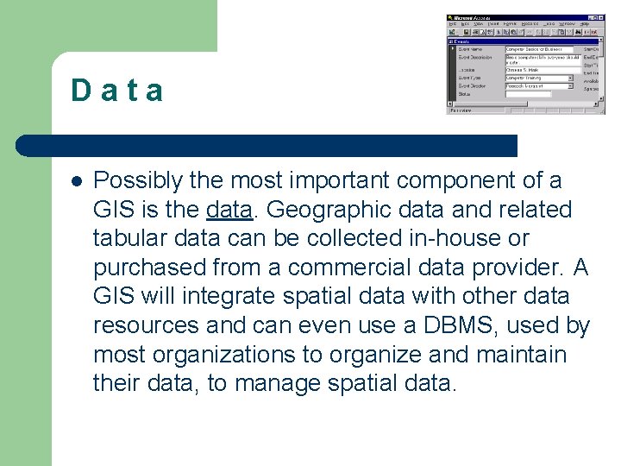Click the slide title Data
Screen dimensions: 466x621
tap(117, 91)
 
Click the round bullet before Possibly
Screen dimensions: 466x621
tap(77, 182)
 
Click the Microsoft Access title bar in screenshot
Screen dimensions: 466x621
tap(483, 18)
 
